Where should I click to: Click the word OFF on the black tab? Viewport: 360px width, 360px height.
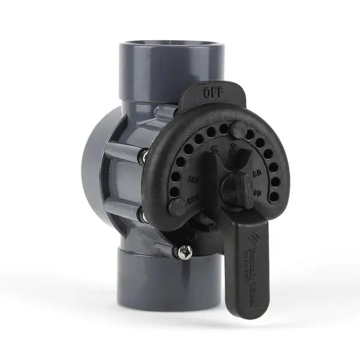click(213, 92)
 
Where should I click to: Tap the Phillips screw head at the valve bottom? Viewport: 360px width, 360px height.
click(186, 251)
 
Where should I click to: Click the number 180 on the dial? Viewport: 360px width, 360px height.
click(193, 179)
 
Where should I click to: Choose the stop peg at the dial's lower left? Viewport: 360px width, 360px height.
click(177, 207)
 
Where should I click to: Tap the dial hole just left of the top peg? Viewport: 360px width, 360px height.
click(223, 128)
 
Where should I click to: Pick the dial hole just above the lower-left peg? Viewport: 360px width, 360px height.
click(174, 191)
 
